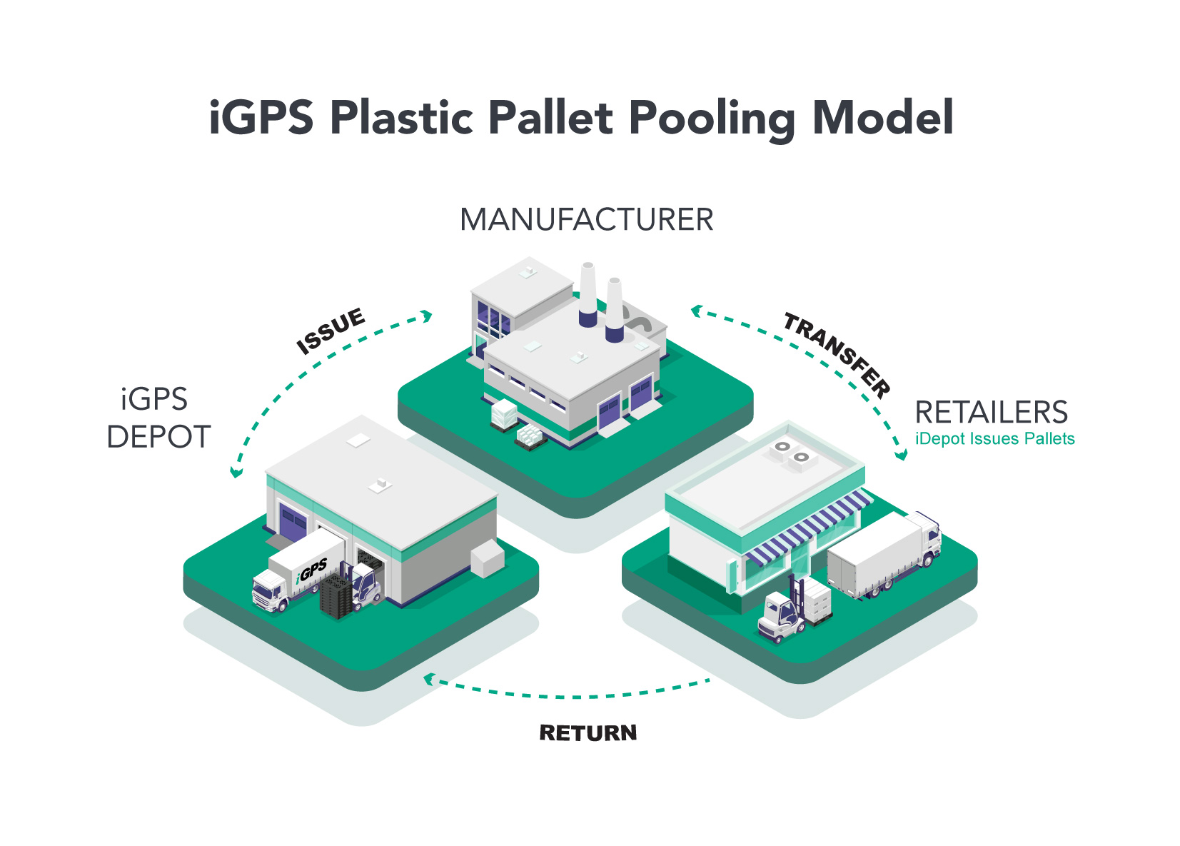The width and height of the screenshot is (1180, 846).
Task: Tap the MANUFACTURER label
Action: point(586,220)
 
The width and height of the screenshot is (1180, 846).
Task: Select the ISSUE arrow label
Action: point(331,331)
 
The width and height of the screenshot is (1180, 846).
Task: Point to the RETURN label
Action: point(588,733)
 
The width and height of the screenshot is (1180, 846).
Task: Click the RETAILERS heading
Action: point(991,413)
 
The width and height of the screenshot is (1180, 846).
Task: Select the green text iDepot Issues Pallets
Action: point(994,439)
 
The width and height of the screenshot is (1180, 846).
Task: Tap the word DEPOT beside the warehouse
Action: point(158,437)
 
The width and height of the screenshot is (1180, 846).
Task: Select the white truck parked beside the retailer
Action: point(884,554)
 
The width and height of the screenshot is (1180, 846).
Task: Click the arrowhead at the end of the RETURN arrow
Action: point(428,678)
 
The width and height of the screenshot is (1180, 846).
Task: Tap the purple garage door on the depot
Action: point(292,520)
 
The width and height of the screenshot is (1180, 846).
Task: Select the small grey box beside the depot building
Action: point(488,558)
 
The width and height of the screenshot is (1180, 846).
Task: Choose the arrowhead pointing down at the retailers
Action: point(901,454)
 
